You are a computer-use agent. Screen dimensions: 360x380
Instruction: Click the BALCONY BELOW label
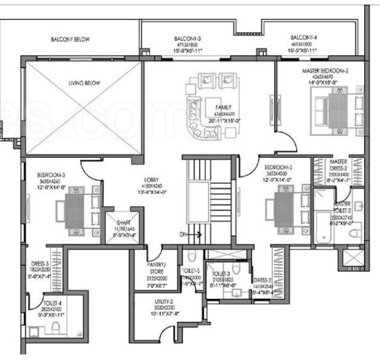(x=74, y=40)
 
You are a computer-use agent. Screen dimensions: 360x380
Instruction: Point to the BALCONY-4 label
(x=304, y=37)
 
